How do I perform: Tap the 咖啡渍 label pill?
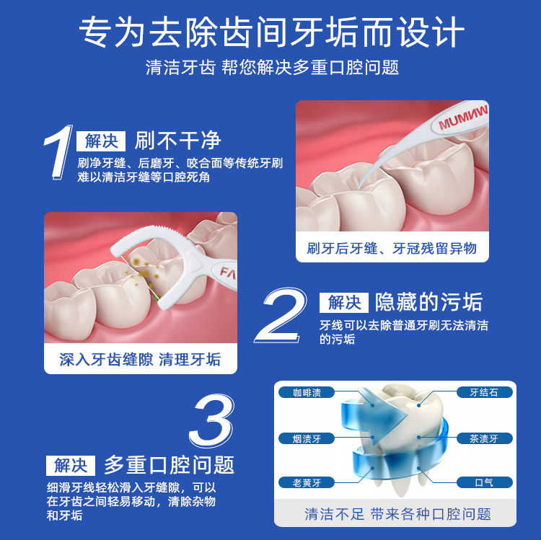click(307, 392)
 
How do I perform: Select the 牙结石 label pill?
click(485, 392)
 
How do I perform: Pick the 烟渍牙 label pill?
click(307, 438)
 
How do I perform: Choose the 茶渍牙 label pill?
click(485, 438)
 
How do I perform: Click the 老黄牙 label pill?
click(307, 482)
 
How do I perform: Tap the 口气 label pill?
click(485, 482)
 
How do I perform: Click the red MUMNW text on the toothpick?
click(463, 118)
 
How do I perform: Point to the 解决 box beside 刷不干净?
click(101, 141)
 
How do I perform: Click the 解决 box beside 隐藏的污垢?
click(343, 302)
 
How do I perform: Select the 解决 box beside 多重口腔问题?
click(71, 466)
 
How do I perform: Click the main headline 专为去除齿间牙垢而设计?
click(271, 32)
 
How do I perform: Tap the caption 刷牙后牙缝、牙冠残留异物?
click(392, 248)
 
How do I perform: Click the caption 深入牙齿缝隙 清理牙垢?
click(140, 359)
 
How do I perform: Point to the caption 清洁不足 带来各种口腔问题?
click(397, 514)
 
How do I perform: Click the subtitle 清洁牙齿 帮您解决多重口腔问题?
click(272, 67)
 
